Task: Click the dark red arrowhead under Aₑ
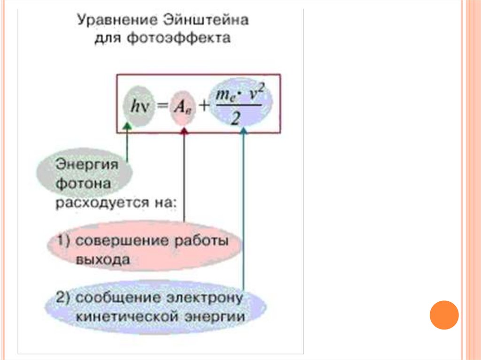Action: (x=184, y=132)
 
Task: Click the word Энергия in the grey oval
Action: (x=86, y=165)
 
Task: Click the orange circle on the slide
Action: (x=444, y=315)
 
